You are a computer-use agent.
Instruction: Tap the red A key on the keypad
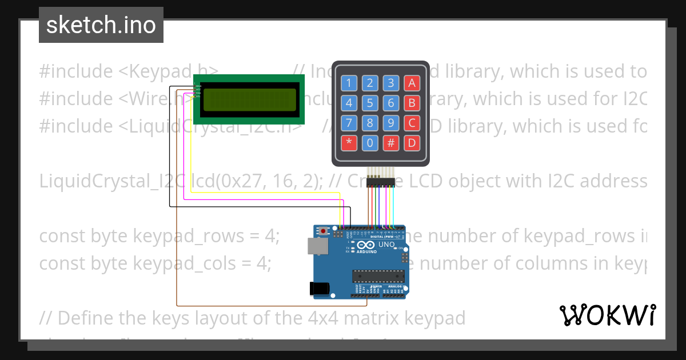(x=412, y=83)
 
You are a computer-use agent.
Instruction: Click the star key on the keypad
(x=349, y=142)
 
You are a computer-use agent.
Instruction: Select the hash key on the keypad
(x=391, y=142)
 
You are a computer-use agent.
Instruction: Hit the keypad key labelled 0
(x=370, y=142)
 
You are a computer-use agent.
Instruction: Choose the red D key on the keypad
(x=412, y=142)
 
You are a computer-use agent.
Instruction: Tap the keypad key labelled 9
(x=391, y=122)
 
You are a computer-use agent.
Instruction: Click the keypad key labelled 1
(x=349, y=83)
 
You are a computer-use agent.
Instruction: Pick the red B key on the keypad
(x=412, y=103)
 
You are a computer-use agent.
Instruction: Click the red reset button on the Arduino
(x=324, y=231)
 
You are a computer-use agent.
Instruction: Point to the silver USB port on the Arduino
(x=315, y=246)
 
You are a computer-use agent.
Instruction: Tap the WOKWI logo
(x=607, y=315)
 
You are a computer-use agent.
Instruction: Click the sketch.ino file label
(x=101, y=25)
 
